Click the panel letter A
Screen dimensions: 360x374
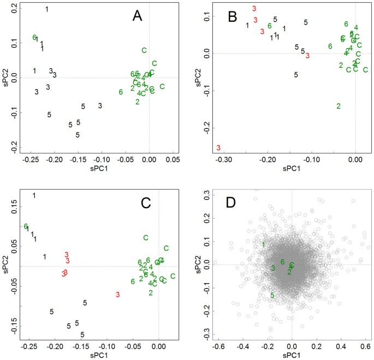(x=138, y=16)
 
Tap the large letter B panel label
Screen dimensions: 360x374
(x=232, y=18)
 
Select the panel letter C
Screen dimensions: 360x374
(x=145, y=203)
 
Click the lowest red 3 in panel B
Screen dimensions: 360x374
(x=218, y=148)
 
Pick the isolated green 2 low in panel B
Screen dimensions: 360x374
(x=339, y=106)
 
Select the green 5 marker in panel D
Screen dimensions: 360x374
(x=272, y=296)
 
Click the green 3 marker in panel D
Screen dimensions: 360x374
(x=272, y=268)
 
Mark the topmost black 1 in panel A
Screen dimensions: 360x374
(x=47, y=9)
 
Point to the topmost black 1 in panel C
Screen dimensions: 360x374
(x=34, y=196)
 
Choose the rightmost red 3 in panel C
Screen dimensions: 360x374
(x=117, y=295)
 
